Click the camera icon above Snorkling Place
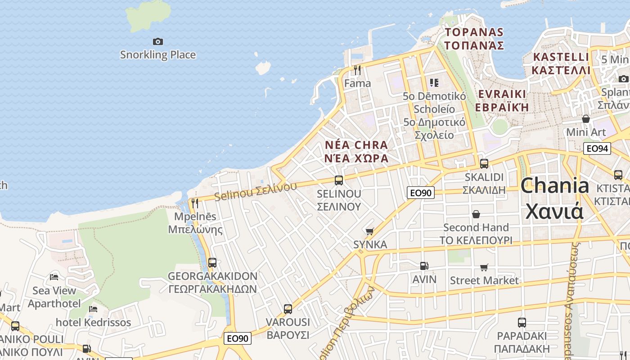point(157,41)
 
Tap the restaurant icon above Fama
point(357,70)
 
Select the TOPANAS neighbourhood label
point(474,39)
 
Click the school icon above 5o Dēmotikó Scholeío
point(434,82)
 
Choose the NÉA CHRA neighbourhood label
point(356,152)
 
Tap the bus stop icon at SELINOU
point(339,180)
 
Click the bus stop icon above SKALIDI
point(484,164)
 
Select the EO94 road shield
point(597,148)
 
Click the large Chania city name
point(555,198)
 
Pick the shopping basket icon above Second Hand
point(476,214)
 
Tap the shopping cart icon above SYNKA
point(370,231)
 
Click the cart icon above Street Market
point(484,267)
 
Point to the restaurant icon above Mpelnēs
point(195,203)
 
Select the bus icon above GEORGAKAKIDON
point(212,262)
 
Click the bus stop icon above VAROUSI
point(288,309)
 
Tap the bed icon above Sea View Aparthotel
point(54,277)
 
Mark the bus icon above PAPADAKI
point(522,322)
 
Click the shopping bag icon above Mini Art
point(586,119)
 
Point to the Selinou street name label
point(256,191)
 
